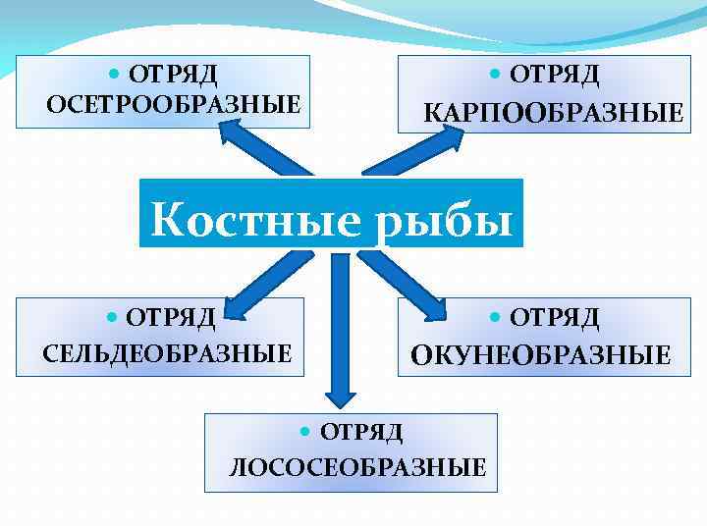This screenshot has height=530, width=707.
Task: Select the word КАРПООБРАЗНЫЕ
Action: coord(553,113)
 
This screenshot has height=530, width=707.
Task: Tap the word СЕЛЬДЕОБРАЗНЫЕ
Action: coord(168,352)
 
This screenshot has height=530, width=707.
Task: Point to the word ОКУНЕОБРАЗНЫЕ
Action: coord(541,354)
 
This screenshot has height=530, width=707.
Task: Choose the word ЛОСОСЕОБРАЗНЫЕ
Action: coord(357,467)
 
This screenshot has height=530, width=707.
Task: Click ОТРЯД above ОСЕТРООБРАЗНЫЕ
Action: coord(174,74)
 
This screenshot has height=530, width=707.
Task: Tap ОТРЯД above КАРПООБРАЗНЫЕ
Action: coord(554,75)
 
